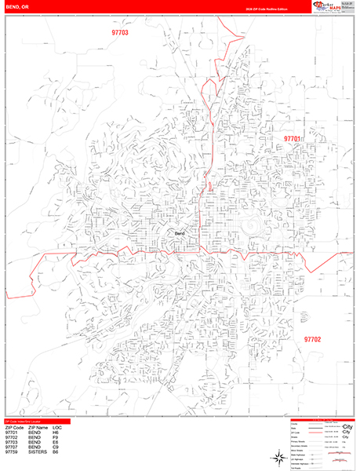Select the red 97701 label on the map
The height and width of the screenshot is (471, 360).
293,139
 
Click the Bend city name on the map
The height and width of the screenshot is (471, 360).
180,234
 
